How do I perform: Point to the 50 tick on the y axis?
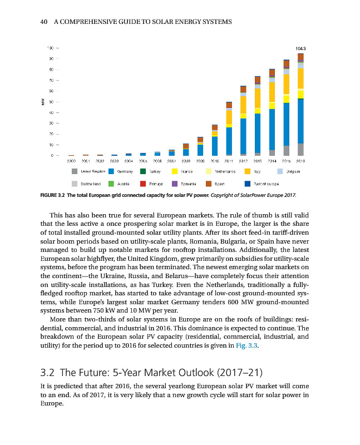pos(51,102)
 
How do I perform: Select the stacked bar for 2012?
pos(243,120)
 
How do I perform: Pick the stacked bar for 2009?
pos(200,146)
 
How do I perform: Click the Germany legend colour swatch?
pos(111,171)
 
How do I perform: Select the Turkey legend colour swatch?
pos(143,171)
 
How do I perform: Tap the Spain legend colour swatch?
pos(209,182)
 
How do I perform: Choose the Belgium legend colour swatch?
pos(282,171)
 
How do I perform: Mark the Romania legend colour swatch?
pos(175,182)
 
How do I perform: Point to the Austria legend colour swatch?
pos(111,182)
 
